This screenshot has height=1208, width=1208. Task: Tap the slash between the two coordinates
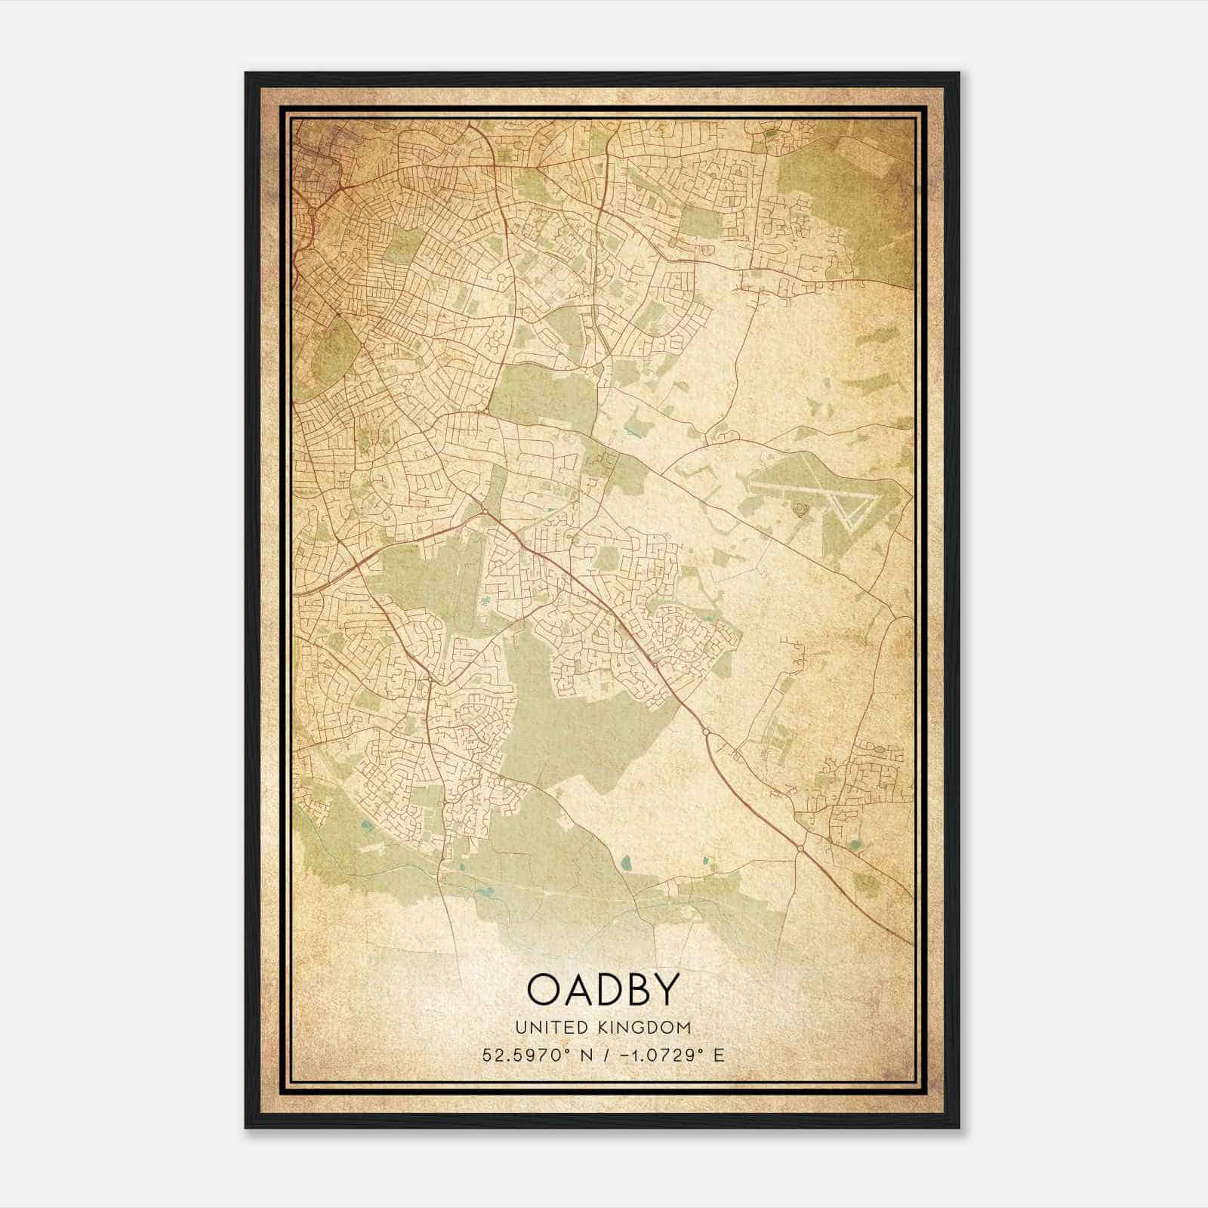pos(602,1055)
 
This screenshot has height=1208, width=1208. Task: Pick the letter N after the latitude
pos(583,1055)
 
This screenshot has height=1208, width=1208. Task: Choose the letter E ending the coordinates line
pos(719,1055)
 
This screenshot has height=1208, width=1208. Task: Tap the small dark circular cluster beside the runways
pos(800,512)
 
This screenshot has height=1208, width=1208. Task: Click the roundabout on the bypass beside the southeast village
pos(800,849)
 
